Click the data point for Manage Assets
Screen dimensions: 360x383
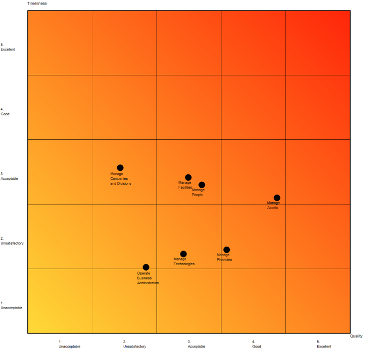277,198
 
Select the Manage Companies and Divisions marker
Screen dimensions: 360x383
120,168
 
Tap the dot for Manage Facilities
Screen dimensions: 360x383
188,177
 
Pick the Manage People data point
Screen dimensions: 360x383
201,185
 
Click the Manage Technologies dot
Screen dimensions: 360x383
184,254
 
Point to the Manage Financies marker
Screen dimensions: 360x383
226,250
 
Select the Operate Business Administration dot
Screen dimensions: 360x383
146,267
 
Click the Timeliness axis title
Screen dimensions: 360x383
37,3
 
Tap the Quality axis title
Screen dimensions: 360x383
356,336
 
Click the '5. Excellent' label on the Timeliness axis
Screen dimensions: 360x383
8,47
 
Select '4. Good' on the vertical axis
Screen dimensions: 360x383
5,112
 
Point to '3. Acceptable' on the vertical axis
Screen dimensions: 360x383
9,176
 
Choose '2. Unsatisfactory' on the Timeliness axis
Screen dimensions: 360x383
12,241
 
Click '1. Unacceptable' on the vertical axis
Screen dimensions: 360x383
11,306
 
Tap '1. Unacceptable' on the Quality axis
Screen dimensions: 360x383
69,344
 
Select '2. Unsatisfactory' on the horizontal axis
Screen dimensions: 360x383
135,344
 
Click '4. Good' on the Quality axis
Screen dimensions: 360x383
256,344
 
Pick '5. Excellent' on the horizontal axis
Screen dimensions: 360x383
324,344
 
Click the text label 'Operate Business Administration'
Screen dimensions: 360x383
148,278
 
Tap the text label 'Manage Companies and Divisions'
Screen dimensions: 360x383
121,179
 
